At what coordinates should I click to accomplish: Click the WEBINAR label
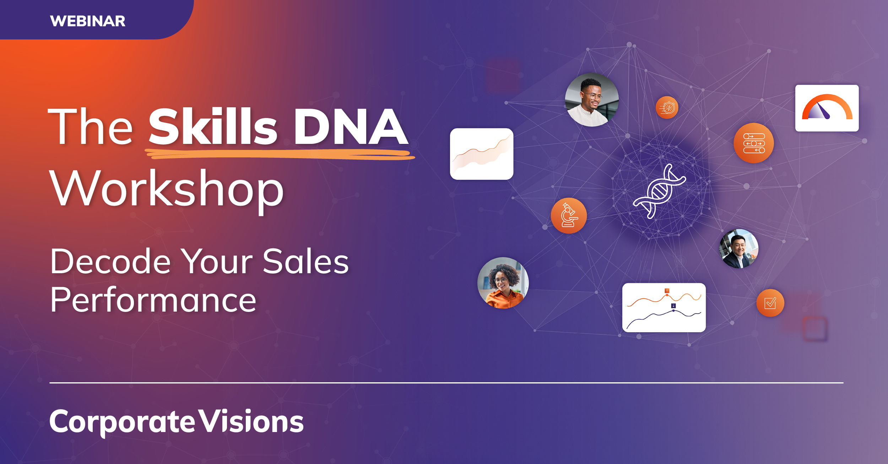87,21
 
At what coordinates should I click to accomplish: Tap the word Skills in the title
212,127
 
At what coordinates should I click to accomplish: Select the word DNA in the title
351,127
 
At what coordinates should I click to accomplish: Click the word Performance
153,300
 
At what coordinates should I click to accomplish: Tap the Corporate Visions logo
176,422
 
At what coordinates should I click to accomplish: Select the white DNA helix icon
659,191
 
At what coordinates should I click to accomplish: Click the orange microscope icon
569,216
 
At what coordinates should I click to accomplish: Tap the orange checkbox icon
770,303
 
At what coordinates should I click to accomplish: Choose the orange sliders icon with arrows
753,143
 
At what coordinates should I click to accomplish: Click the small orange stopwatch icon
667,107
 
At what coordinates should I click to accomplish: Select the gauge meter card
827,108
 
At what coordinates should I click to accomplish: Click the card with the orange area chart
481,154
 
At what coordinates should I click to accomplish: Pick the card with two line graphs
664,308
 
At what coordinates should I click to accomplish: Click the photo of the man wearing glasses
592,100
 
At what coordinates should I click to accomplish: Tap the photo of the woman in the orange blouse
503,283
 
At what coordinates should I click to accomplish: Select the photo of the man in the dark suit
738,249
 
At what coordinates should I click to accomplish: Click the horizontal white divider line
446,383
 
